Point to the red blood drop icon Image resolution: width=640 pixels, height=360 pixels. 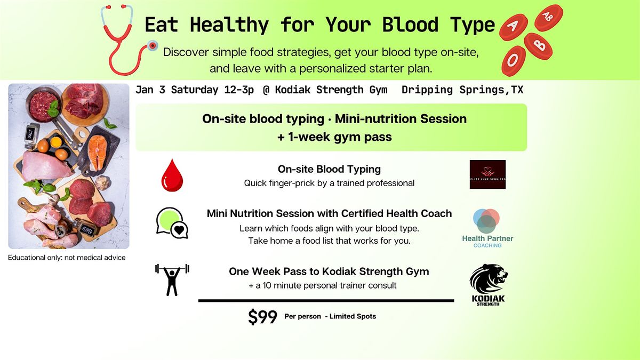(171, 177)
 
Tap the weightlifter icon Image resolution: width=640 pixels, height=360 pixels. (172, 279)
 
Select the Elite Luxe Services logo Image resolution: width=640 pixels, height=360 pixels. (487, 174)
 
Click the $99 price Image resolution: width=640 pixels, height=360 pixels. (262, 317)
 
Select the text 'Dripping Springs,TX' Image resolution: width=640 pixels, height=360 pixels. (462, 90)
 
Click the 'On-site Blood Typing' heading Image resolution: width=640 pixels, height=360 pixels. (329, 169)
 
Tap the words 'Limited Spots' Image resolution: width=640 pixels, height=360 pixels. (353, 316)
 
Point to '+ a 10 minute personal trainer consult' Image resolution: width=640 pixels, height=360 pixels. (323, 285)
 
